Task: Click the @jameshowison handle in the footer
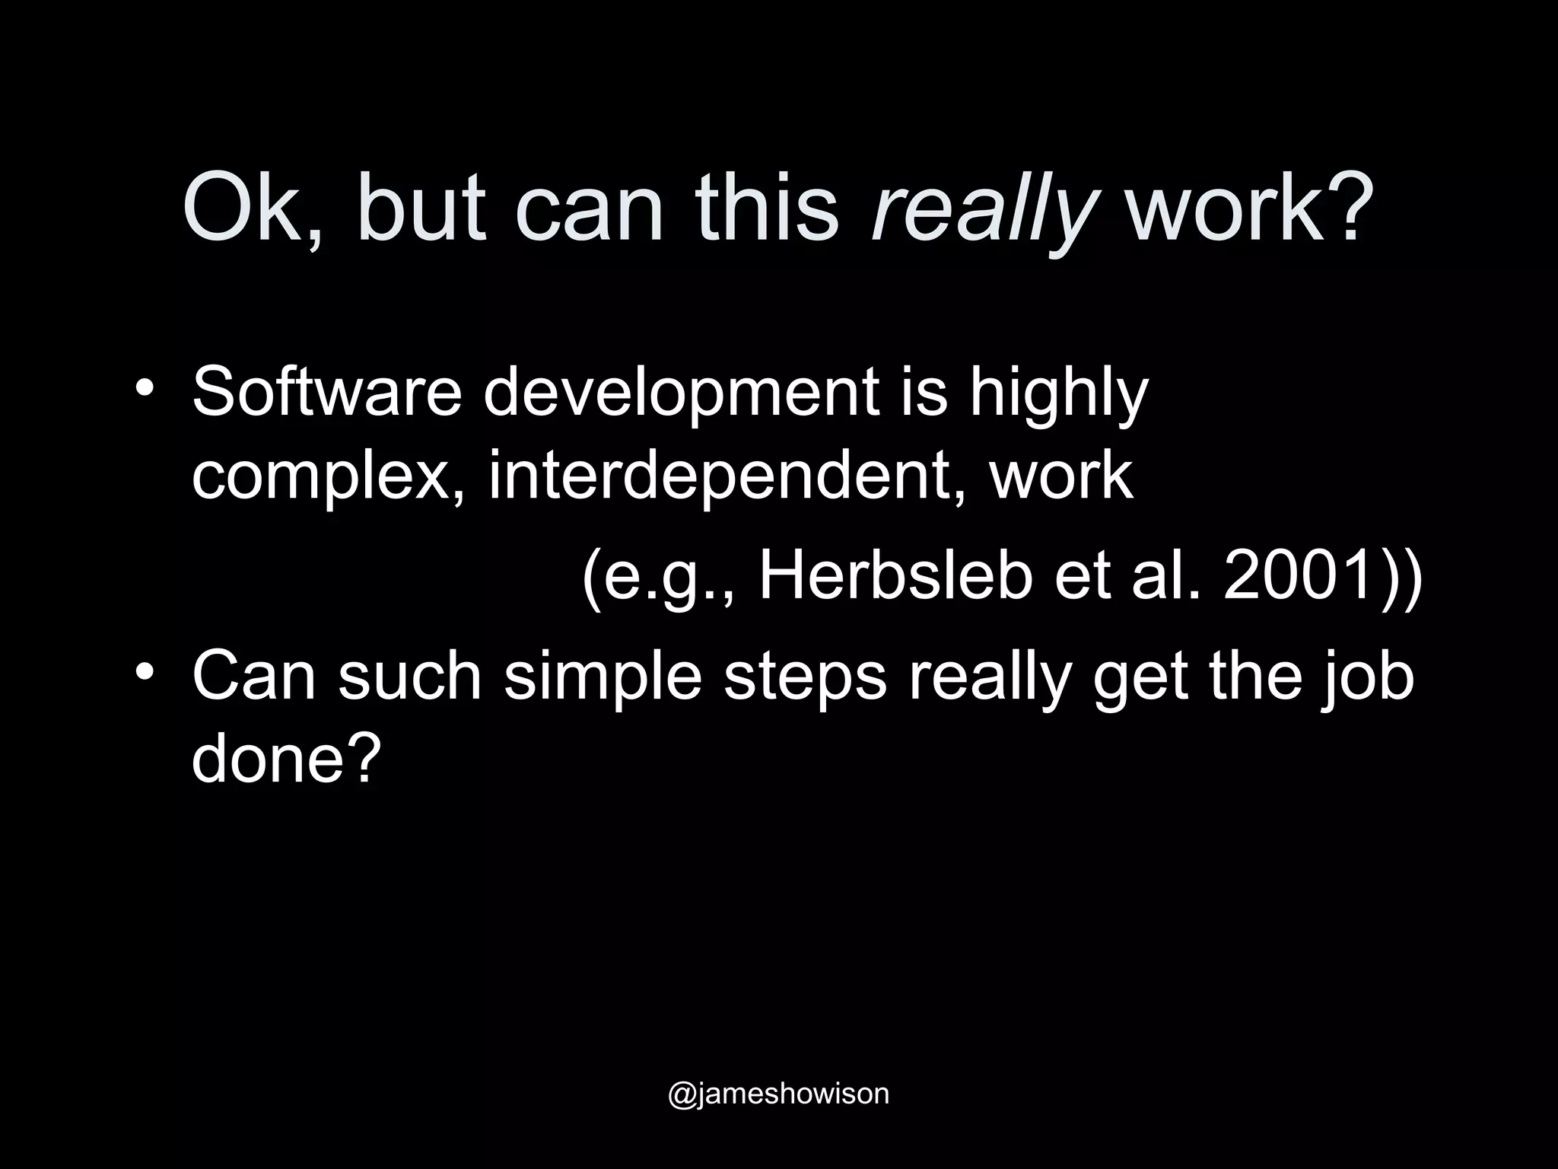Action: pos(778,1093)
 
